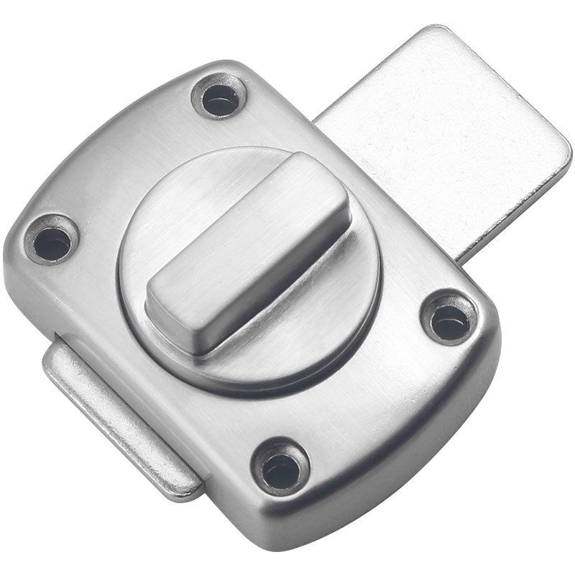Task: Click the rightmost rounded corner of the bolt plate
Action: click(565, 155)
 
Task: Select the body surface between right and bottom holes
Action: click(381, 410)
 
